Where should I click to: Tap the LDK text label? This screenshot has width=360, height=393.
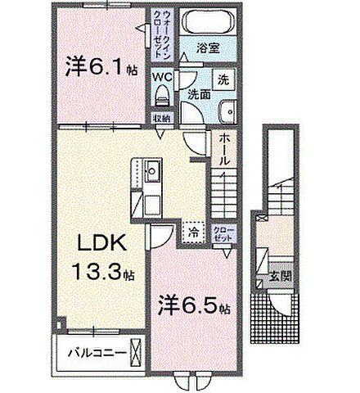[x=101, y=244]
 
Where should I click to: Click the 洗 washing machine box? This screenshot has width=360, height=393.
[x=222, y=79]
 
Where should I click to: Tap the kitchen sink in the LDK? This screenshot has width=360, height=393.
[x=151, y=174]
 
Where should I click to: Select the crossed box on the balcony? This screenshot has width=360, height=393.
[x=135, y=355]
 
